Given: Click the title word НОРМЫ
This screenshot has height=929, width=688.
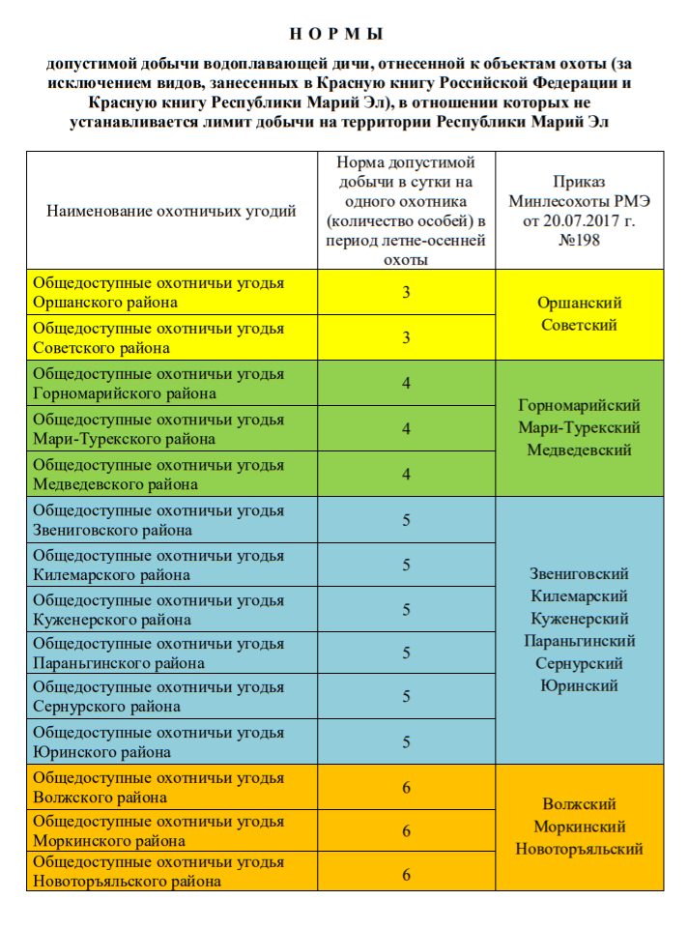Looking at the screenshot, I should [x=343, y=35].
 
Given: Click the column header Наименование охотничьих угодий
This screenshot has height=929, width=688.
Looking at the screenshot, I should [x=171, y=211].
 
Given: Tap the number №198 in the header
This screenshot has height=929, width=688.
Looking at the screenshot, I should [x=580, y=240].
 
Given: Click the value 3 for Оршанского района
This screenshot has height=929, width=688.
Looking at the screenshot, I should [x=407, y=292].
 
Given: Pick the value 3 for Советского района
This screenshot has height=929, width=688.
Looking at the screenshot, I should [x=407, y=337].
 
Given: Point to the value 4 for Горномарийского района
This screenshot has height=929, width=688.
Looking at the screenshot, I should [x=407, y=383].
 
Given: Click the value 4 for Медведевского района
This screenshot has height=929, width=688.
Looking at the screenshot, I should [x=407, y=474].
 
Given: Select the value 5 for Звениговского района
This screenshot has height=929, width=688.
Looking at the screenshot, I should [x=407, y=520].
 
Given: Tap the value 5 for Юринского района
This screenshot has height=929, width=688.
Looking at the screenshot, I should [x=407, y=741].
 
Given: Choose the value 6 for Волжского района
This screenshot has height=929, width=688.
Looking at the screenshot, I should [x=407, y=787].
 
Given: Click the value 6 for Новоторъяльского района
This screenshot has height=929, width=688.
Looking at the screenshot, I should [x=407, y=875].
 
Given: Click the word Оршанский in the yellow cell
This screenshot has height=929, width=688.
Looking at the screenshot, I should [x=580, y=303].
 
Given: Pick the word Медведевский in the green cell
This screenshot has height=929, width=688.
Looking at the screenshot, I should [x=580, y=450].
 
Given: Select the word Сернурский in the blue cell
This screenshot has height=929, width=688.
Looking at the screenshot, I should [x=580, y=663].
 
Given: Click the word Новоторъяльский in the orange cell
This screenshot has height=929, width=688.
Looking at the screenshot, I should [x=580, y=849].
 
